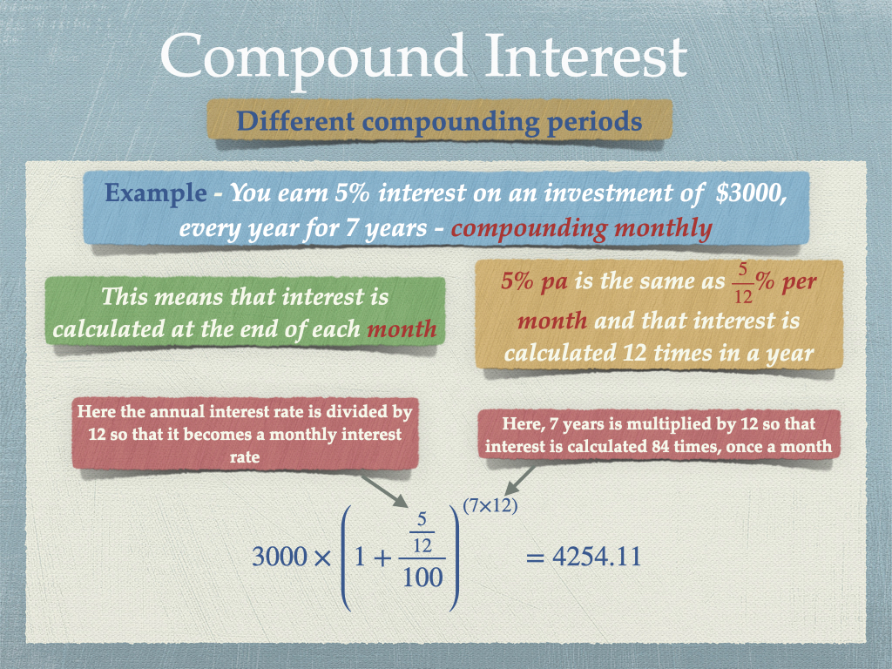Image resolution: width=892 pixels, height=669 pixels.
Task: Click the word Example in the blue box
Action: coord(155,193)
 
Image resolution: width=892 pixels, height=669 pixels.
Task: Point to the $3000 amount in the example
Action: coord(751,193)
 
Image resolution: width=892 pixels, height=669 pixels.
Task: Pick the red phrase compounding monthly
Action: coord(581,229)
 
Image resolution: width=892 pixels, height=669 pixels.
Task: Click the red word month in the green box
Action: coord(402,328)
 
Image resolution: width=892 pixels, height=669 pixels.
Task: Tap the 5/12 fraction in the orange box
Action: coord(743,283)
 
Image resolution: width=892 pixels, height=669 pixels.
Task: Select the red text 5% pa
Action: coord(534,281)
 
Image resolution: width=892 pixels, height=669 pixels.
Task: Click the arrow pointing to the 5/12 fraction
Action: coord(385,490)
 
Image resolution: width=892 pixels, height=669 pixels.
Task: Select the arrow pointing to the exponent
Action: coord(521,481)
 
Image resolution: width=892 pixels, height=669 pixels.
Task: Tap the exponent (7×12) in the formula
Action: coord(490,505)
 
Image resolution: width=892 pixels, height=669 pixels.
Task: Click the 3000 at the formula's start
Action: coord(280,557)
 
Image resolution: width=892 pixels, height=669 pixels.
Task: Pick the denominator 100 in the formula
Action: coord(422,578)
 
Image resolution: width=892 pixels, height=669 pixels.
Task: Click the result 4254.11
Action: coord(597,557)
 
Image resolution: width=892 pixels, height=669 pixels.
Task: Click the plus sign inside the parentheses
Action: coord(382,558)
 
